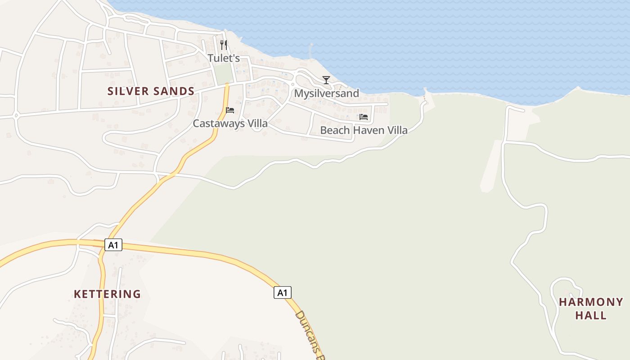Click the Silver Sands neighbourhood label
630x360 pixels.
point(151,91)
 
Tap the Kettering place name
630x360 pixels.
point(107,294)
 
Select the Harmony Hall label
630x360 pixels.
point(591,308)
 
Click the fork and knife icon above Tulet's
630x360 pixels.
point(224,45)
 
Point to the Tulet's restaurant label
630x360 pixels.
point(224,58)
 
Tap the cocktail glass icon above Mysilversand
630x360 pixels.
point(326,80)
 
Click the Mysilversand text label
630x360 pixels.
point(326,94)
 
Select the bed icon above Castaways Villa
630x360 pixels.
point(230,110)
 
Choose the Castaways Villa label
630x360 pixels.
point(230,123)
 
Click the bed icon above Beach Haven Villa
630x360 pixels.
point(364,117)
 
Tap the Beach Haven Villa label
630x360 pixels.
point(364,130)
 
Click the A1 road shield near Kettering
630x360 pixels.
point(113,245)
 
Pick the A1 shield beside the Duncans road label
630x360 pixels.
point(282,293)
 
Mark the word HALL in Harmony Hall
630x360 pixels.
point(591,315)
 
